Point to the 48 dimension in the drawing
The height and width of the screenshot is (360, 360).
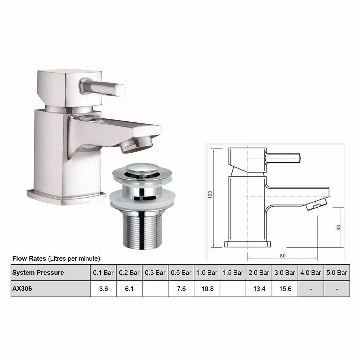(338, 228)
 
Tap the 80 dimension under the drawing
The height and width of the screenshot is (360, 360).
(282, 256)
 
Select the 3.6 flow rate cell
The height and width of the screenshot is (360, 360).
(103, 289)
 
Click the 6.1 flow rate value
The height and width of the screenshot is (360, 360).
(129, 289)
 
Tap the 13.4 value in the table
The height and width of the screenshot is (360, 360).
(259, 289)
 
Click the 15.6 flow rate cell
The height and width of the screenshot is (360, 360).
(285, 289)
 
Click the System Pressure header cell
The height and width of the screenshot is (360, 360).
(38, 273)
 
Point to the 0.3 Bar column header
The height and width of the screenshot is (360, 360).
(155, 273)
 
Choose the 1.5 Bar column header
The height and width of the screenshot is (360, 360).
(233, 273)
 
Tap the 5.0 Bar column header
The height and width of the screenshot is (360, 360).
(337, 273)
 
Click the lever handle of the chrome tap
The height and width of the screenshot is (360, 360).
(104, 86)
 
